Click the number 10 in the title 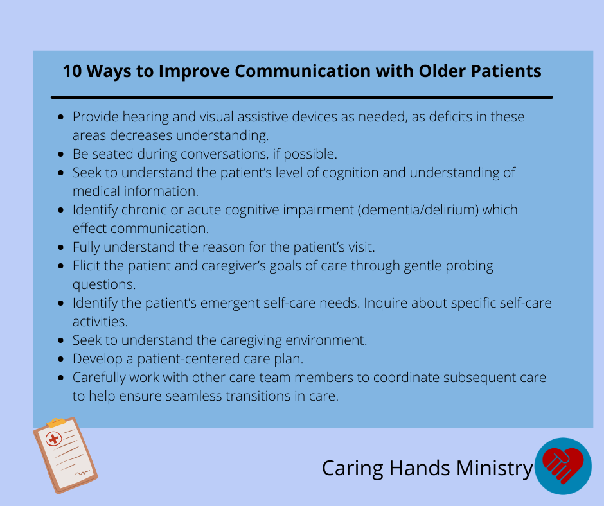coord(73,71)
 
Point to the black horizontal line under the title coord(302,98)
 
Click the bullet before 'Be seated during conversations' coord(61,154)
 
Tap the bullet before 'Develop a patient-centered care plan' coord(61,359)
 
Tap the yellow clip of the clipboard coord(57,423)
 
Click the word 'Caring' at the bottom coord(353,469)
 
